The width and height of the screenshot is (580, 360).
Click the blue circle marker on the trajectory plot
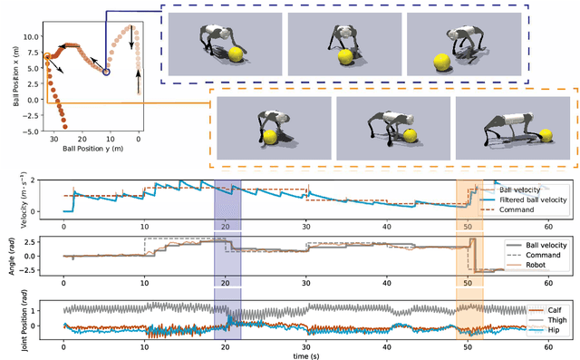[107, 72]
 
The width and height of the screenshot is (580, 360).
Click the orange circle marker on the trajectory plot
[47, 55]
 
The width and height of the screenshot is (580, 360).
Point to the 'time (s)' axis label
[304, 354]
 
